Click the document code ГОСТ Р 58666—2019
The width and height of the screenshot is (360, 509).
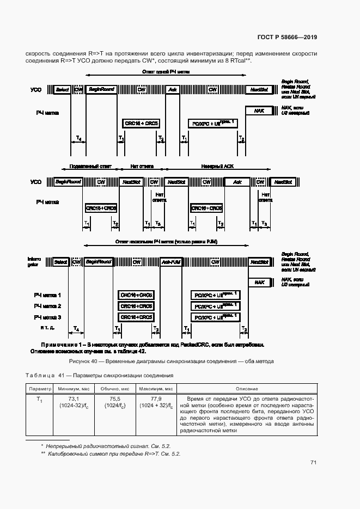pos(287,38)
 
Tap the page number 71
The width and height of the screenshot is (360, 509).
pos(313,463)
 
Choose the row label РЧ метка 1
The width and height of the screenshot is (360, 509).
pos(47,295)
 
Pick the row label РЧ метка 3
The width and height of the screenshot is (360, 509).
pos(47,317)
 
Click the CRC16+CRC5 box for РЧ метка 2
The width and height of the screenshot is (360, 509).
pos(136,306)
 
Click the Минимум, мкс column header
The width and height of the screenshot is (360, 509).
pos(73,389)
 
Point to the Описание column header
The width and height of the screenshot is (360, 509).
pos(247,389)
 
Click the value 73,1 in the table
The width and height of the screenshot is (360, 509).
pos(73,399)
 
